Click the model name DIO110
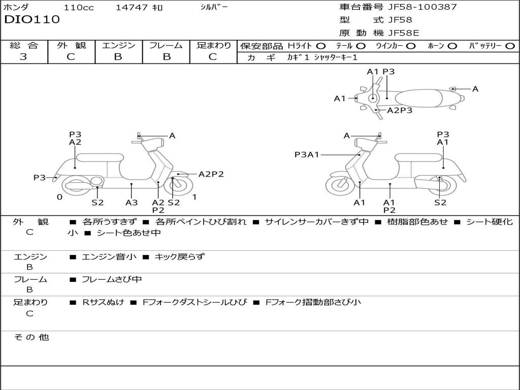click(31, 20)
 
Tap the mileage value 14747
click(132, 8)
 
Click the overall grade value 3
click(23, 57)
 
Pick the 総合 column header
click(24, 46)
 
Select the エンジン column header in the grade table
click(118, 46)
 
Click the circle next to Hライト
click(321, 46)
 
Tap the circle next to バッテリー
click(510, 46)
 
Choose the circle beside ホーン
click(452, 46)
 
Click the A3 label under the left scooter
click(132, 203)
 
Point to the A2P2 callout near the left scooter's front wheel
click(211, 174)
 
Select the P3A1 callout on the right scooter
click(307, 154)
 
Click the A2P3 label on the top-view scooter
click(400, 110)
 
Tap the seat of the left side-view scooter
click(100, 157)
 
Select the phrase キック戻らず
click(179, 257)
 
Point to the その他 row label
click(31, 337)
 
